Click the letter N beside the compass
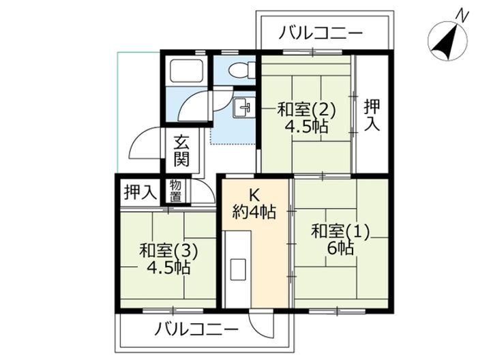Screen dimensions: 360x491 tap(461, 15)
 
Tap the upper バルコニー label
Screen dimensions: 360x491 tap(322, 32)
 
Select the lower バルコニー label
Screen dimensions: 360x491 tap(196, 329)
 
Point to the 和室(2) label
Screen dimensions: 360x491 tap(306, 108)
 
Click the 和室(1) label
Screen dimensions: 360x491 tap(340, 232)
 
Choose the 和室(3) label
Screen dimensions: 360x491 tap(168, 250)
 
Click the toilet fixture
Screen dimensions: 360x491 tap(238, 70)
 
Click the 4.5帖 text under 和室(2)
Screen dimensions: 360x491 tap(306, 126)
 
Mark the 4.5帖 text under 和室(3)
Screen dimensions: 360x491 tap(168, 267)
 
